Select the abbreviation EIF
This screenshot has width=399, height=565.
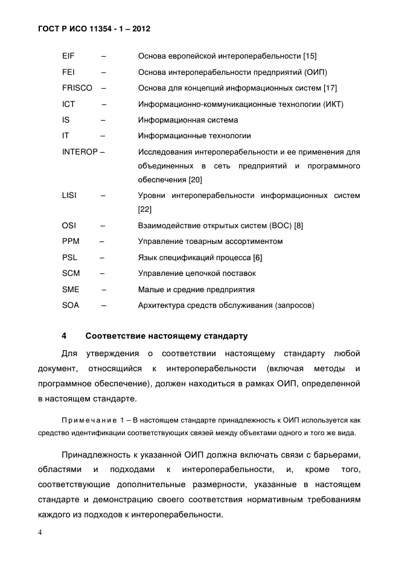(68, 56)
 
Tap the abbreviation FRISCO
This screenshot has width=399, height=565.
(77, 88)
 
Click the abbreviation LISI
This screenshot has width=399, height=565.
(69, 196)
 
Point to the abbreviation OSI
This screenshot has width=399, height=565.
(69, 226)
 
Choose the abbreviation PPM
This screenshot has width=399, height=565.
(71, 241)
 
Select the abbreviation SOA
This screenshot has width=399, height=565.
(71, 305)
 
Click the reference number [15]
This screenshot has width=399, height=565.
(310, 56)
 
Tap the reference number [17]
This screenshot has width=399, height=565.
(330, 88)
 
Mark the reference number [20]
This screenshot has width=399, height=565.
(195, 180)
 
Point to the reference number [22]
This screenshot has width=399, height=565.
(145, 209)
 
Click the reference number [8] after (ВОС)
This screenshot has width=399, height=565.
(298, 226)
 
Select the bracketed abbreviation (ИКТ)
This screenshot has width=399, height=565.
(333, 104)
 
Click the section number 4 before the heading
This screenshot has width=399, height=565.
(64, 336)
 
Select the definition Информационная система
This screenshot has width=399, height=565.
(188, 120)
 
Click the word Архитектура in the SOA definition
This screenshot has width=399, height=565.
(162, 305)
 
